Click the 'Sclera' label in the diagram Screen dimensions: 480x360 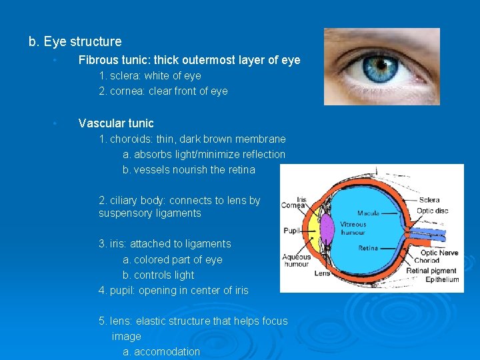click(x=429, y=199)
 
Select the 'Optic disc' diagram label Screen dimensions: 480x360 click(x=433, y=211)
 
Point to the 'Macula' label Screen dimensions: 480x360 click(x=368, y=213)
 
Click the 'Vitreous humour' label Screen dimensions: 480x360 click(x=353, y=228)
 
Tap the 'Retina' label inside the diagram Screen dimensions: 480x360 click(x=369, y=248)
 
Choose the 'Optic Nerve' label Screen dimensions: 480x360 click(x=439, y=253)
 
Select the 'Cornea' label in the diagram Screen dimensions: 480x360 click(x=293, y=206)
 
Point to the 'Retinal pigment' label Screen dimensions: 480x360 click(x=431, y=271)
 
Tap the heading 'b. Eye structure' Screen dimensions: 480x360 click(x=75, y=42)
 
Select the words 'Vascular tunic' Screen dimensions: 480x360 click(x=116, y=123)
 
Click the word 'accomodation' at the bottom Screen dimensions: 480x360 click(x=167, y=351)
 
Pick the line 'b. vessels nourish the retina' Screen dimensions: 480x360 click(x=189, y=169)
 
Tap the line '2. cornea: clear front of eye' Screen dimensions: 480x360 click(x=163, y=91)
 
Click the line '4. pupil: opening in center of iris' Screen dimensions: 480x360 click(x=173, y=290)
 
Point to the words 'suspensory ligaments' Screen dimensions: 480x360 click(x=150, y=213)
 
